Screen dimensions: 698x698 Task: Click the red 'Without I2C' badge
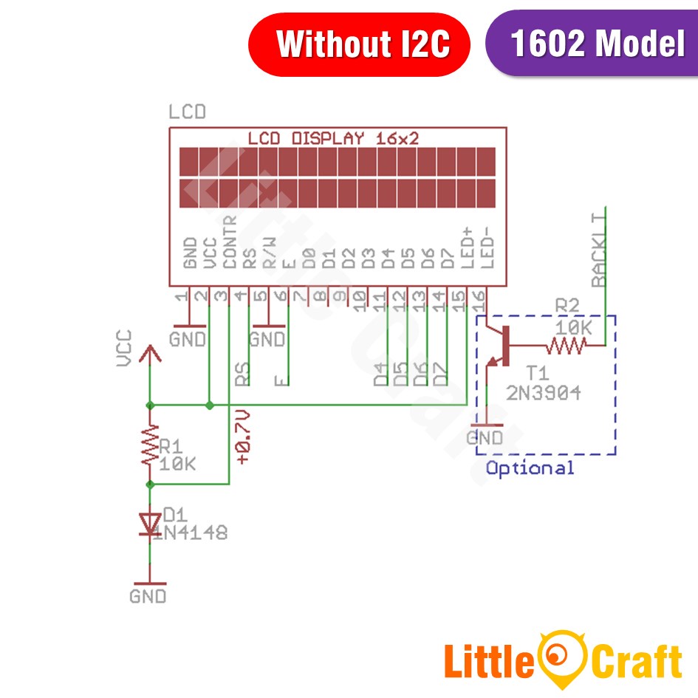coord(359,44)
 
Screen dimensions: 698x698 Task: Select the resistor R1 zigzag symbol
coord(150,445)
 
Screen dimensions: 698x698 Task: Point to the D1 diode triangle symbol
coord(150,524)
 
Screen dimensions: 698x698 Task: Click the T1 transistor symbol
coord(499,346)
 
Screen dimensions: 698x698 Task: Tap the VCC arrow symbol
coord(150,355)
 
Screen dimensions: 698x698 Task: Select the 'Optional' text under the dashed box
coord(530,468)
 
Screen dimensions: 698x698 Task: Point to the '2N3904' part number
coord(543,393)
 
